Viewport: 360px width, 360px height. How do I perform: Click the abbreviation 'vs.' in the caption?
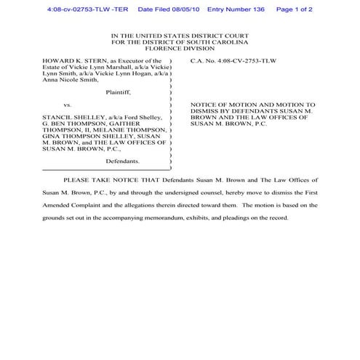point(68,105)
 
